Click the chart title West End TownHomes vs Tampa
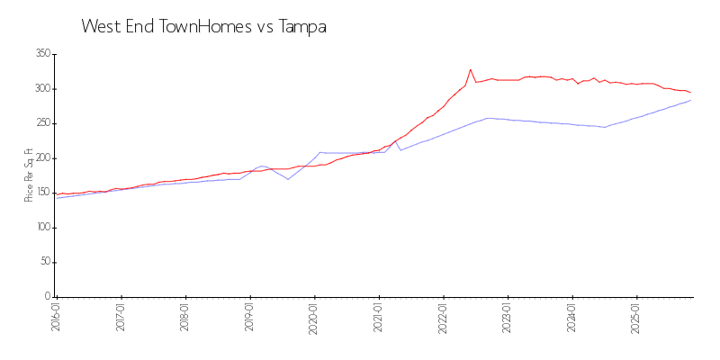(203, 27)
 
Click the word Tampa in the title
(301, 27)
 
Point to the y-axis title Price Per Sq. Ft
(29, 175)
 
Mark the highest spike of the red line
(470, 69)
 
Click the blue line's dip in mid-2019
(288, 179)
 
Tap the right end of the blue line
(691, 100)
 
